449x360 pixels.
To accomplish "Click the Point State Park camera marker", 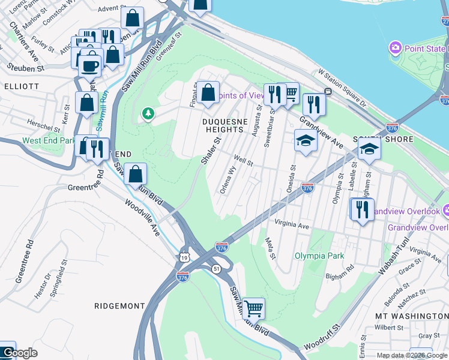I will [x=395, y=47].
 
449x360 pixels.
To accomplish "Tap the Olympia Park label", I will [x=319, y=256].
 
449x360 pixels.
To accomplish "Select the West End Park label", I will [x=48, y=141].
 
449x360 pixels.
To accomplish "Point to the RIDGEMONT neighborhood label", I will [x=120, y=305].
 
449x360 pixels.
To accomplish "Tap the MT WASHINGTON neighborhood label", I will [x=411, y=316].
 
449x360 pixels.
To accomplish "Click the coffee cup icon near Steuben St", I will [x=90, y=66].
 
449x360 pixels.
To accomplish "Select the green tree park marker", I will [x=148, y=113].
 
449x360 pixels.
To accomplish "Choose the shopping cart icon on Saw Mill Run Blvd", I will [x=254, y=309].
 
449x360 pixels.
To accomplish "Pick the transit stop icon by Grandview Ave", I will [x=328, y=92].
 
